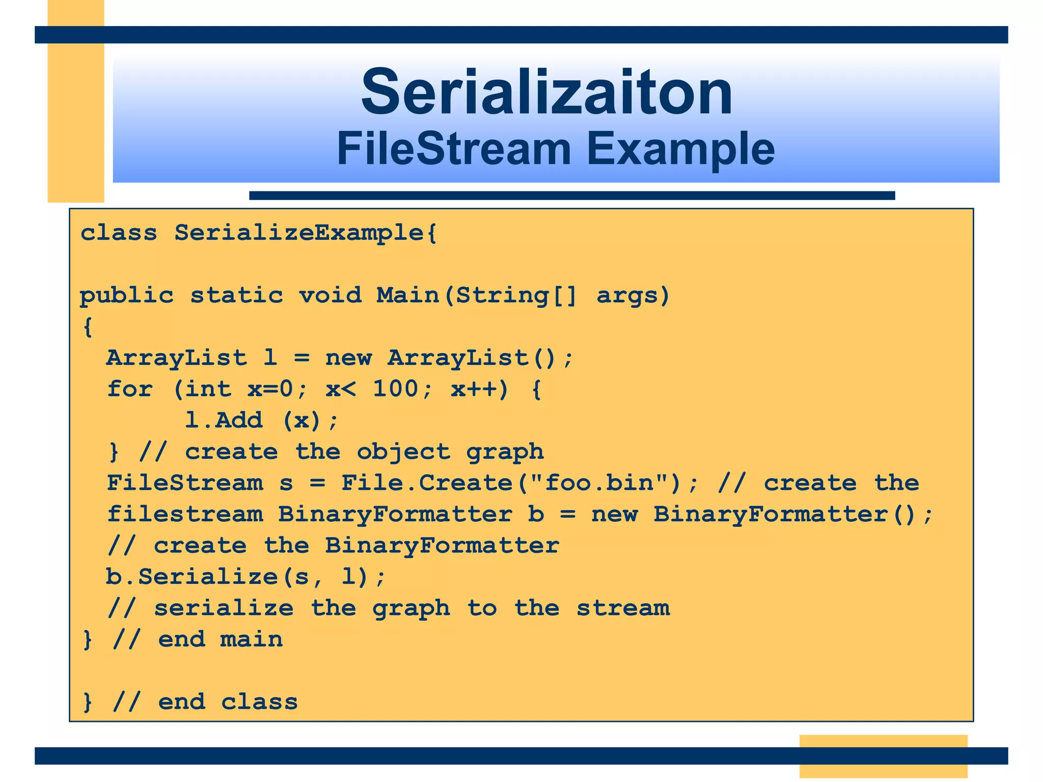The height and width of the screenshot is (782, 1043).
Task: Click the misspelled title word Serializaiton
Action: (546, 93)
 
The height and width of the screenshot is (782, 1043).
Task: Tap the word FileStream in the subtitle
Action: (454, 149)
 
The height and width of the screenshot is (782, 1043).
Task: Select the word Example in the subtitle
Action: (680, 150)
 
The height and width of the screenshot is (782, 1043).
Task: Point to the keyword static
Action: (236, 296)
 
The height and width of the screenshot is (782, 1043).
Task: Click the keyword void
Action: (330, 296)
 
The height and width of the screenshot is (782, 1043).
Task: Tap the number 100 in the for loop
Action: (396, 389)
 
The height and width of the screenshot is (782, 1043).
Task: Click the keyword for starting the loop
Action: (130, 389)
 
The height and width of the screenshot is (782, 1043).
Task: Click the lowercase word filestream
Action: (185, 514)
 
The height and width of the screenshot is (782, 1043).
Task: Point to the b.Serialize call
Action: (191, 577)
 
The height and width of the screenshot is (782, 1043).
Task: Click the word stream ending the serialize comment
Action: (623, 608)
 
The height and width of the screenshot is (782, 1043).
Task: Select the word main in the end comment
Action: (251, 639)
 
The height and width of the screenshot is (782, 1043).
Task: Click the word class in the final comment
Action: (259, 702)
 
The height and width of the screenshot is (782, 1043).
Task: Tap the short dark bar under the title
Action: (571, 195)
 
